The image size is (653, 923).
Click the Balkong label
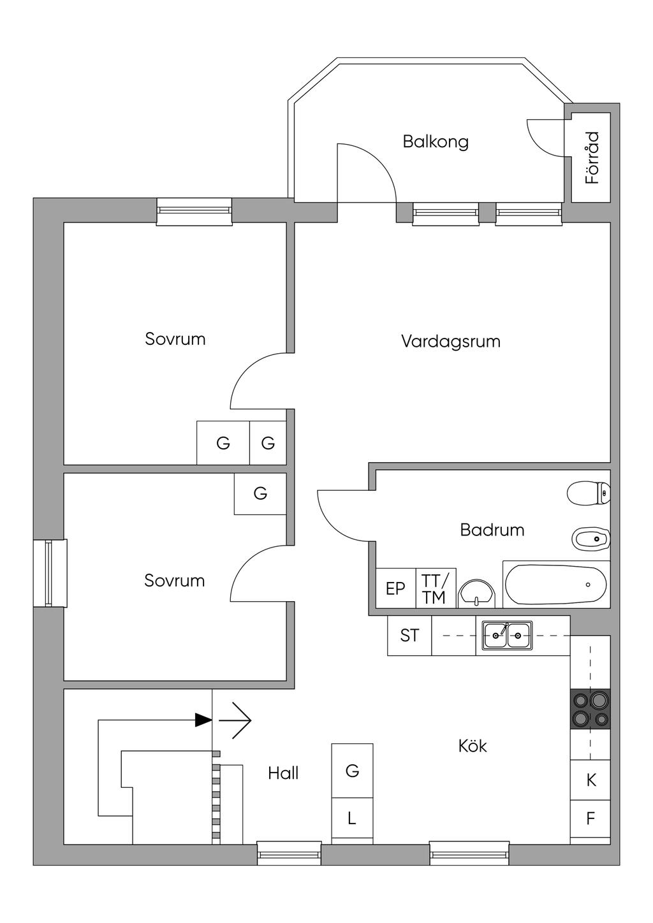(436, 142)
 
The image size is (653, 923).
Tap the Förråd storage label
(592, 157)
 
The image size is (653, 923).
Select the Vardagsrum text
(451, 341)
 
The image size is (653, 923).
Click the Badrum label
(492, 530)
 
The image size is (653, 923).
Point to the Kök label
(473, 746)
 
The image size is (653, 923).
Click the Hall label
(283, 773)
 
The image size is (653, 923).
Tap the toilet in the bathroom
(589, 492)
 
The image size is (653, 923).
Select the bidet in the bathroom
(591, 538)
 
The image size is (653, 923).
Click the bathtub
(556, 584)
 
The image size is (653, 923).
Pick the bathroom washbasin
(477, 594)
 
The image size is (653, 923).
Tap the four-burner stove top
(591, 709)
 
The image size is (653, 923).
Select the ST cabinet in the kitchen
(409, 635)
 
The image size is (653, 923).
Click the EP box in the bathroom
(396, 588)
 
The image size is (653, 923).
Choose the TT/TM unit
(436, 588)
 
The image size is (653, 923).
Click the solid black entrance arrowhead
(203, 720)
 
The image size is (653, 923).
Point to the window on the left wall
(50, 573)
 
